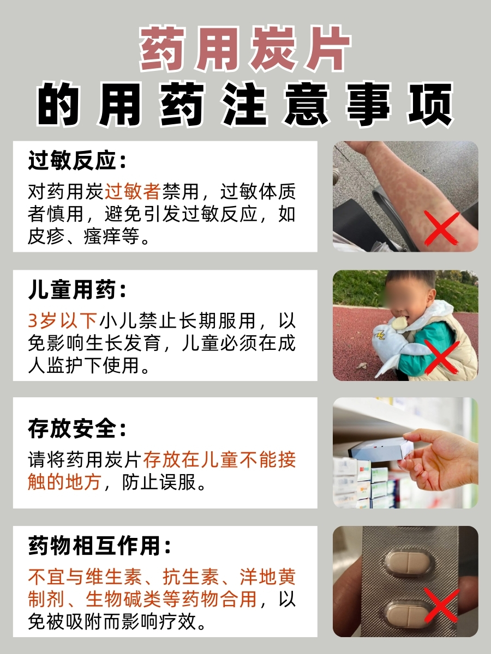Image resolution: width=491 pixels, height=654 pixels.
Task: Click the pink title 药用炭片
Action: coord(245,50)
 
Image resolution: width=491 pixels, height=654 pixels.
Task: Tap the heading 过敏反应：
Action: coord(77,162)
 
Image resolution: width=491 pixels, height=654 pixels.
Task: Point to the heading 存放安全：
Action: coord(77,429)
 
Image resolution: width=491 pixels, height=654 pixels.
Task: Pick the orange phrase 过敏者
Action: coord(133,191)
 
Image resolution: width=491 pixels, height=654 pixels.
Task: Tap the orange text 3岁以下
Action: coord(63,320)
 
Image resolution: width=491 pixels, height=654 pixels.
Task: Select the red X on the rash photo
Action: coord(442,228)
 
